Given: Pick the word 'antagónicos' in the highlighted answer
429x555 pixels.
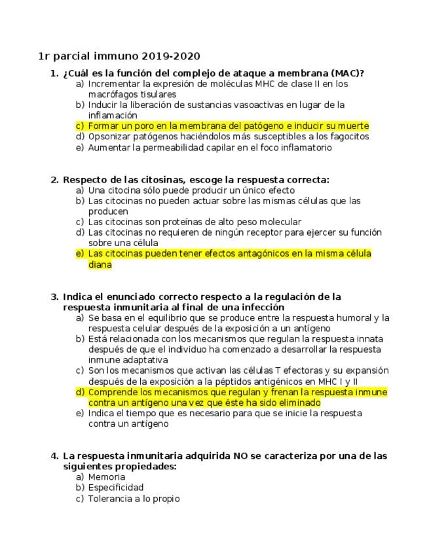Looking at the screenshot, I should coord(261,253).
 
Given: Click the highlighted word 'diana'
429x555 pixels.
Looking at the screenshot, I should coord(100,264).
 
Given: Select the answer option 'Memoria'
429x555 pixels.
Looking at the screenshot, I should coord(106,477).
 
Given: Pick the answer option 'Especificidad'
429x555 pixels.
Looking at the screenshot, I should coord(116,488).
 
